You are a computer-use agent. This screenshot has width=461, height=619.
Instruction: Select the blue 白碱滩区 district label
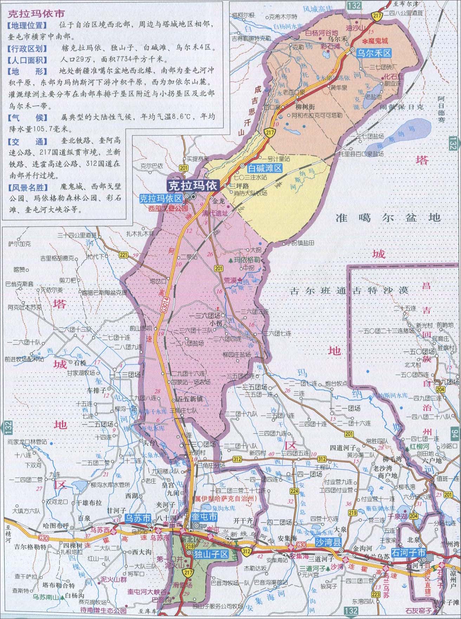265,168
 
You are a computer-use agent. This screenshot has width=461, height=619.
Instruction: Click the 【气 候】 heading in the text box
27,117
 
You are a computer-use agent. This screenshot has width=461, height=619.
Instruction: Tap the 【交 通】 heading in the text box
27,141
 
